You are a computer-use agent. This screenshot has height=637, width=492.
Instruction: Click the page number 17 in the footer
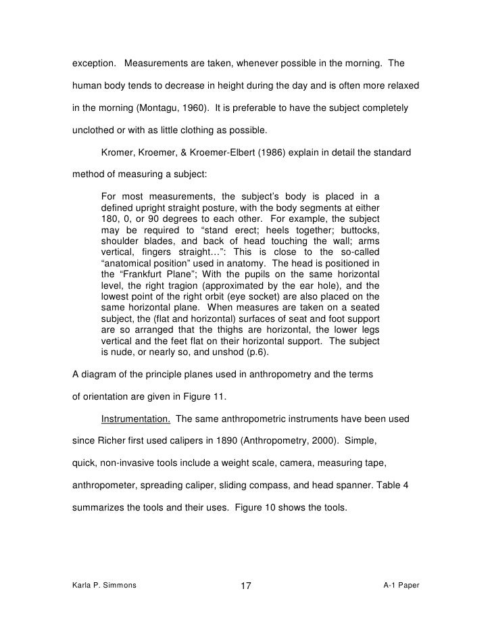pyautogui.click(x=245, y=585)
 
